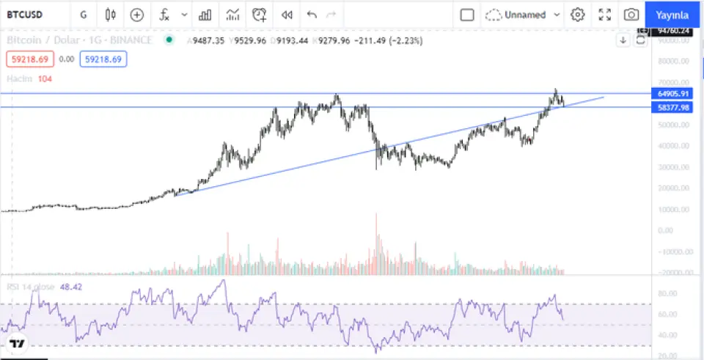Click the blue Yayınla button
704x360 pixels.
(x=672, y=15)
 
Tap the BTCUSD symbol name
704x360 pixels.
(x=25, y=15)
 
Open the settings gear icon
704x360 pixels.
(x=578, y=15)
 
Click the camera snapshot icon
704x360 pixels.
(x=631, y=15)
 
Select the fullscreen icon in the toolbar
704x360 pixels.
(x=605, y=15)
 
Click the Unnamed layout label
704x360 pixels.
(x=525, y=15)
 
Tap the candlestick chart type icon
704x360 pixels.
(x=111, y=15)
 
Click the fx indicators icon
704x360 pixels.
(x=165, y=15)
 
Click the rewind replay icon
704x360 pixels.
(x=287, y=15)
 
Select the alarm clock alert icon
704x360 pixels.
(x=260, y=15)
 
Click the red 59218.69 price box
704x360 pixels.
(x=30, y=59)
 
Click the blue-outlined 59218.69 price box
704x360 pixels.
(x=103, y=59)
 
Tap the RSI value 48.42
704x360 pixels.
(x=71, y=287)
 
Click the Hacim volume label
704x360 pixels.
(x=17, y=78)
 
